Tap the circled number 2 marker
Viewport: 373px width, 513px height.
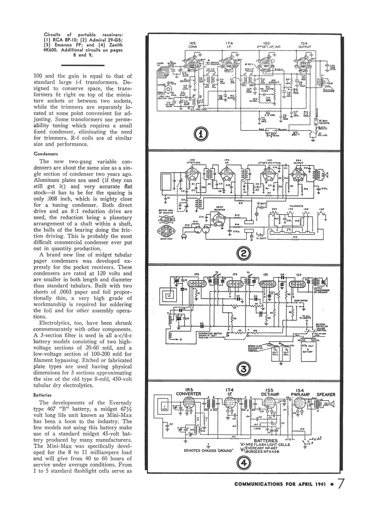pos(244,253)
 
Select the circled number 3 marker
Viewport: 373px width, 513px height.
pos(244,369)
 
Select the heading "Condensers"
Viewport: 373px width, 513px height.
pos(45,153)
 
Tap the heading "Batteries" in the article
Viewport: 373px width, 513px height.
pos(42,394)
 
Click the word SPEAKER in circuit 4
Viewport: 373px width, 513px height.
pos(328,394)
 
